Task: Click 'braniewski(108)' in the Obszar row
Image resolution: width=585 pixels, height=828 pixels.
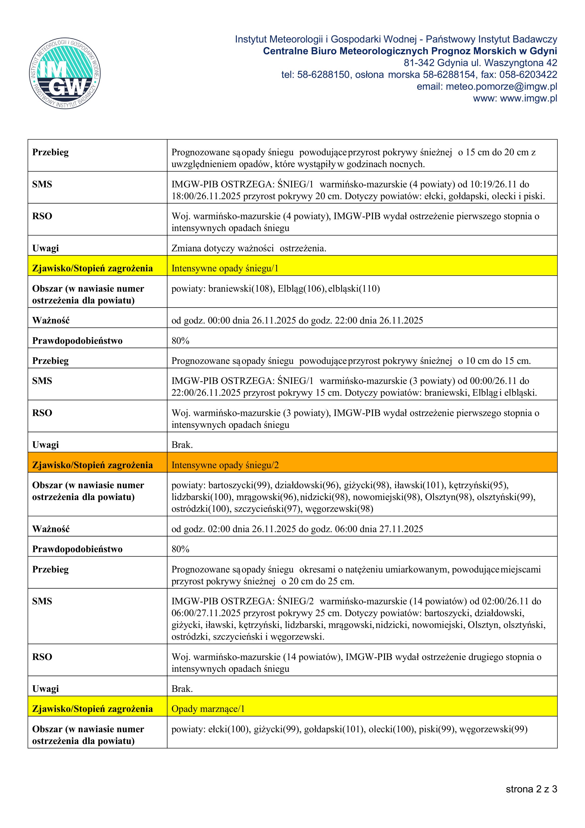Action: [240, 289]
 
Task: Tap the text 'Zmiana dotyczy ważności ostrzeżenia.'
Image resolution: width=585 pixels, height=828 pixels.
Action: [249, 248]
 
